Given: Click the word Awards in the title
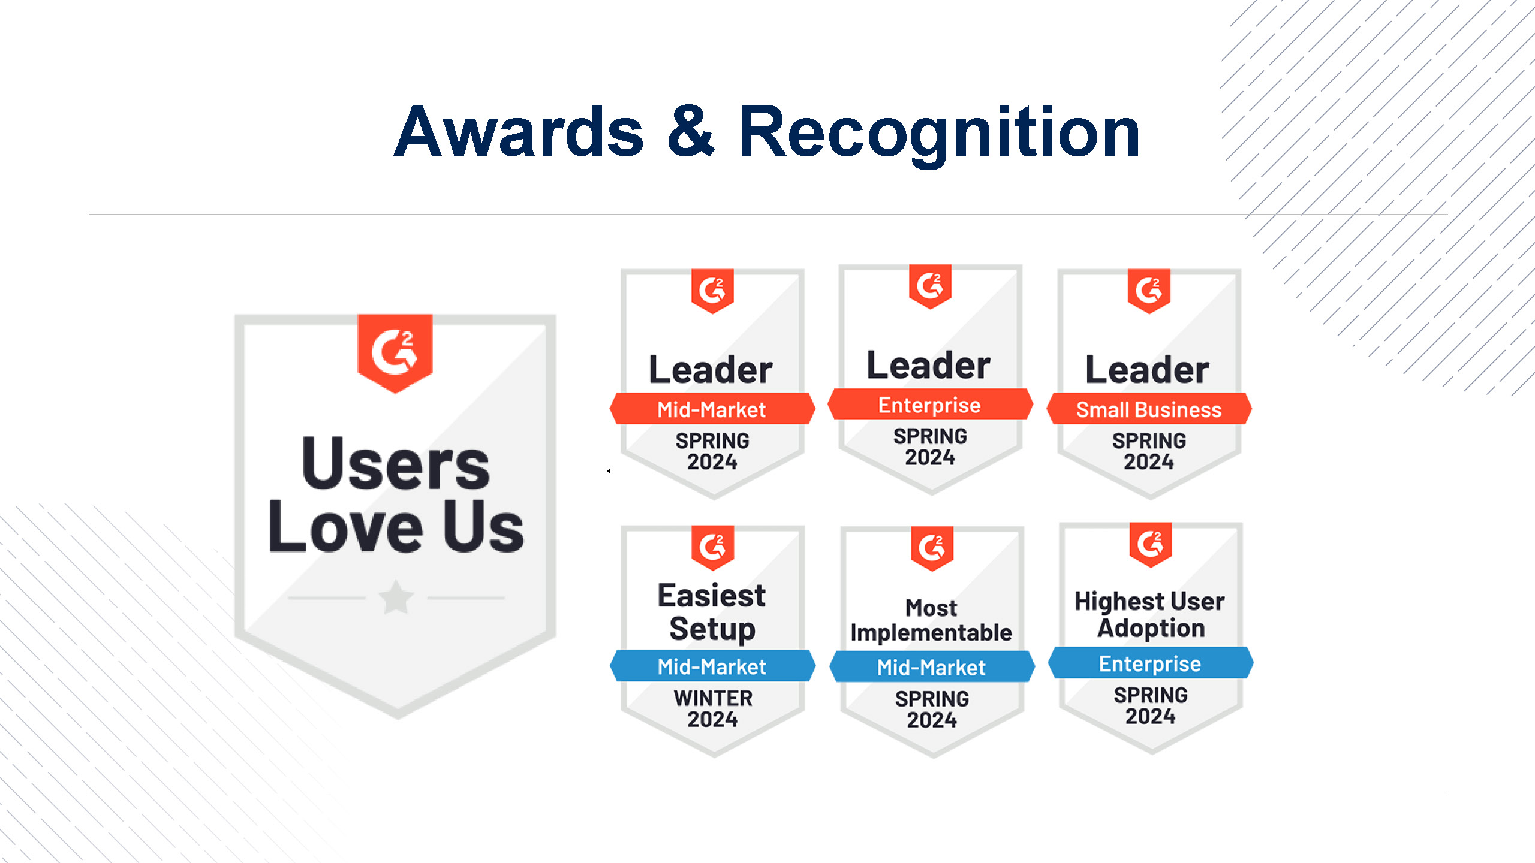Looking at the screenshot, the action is (519, 132).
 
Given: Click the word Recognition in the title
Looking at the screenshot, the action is (939, 135).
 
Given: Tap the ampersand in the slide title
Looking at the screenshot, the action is (691, 131).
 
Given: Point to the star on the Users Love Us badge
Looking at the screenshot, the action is (396, 597).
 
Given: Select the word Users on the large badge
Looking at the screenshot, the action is (396, 463).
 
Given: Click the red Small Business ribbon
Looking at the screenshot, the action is (1149, 409).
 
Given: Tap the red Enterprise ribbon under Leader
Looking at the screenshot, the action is (930, 405).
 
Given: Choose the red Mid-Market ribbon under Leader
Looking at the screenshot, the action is (712, 409).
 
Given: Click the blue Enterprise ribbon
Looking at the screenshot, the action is (1151, 663).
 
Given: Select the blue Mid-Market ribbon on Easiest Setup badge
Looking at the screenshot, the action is (712, 666).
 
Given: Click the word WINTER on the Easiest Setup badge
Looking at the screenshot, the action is (713, 698).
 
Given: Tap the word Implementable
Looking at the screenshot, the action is (931, 633).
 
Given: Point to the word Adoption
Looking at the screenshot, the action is (1151, 628).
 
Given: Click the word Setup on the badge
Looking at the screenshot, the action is (712, 629).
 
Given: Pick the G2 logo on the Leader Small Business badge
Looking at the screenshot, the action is (1149, 291).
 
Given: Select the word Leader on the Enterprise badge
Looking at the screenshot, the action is (929, 365).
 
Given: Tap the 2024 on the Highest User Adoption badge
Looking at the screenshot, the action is (1151, 716).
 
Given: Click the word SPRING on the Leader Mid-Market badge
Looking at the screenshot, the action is (712, 441).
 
